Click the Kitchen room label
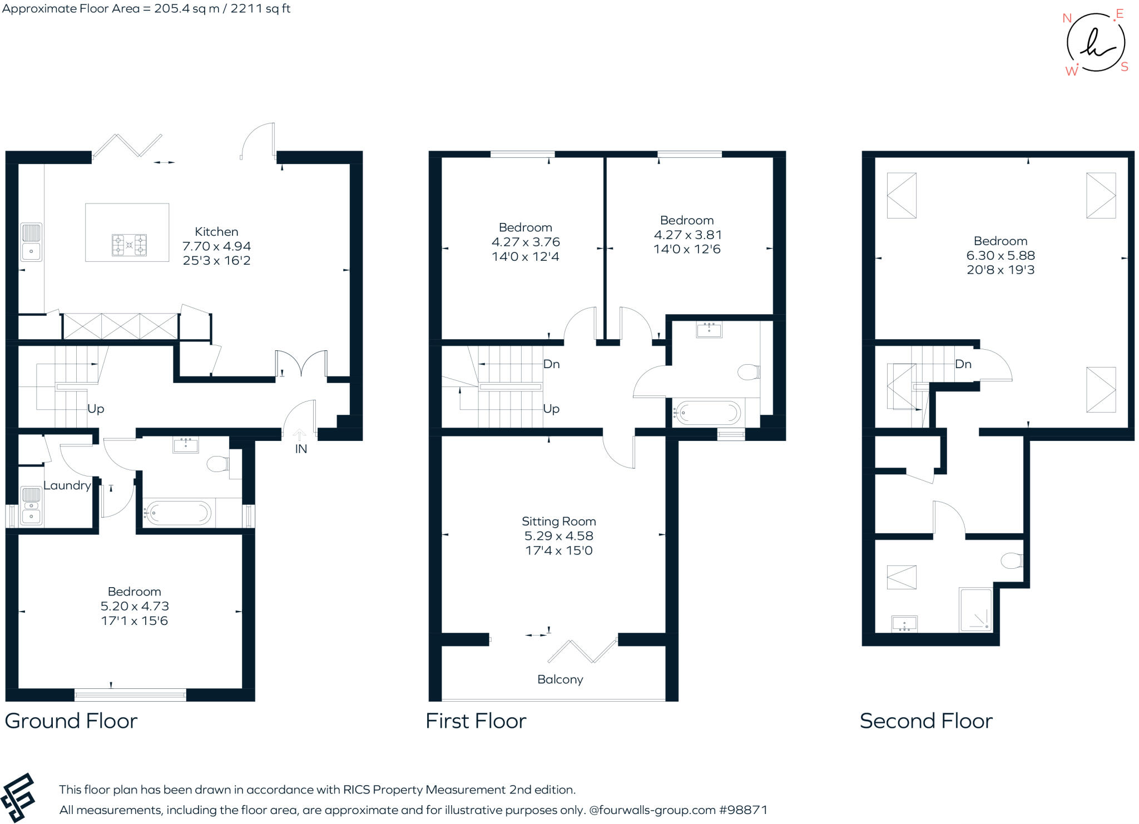point(216,232)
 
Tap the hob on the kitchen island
point(129,245)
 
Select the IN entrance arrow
point(300,435)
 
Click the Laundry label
point(67,485)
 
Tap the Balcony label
point(560,679)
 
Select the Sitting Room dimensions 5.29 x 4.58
point(559,536)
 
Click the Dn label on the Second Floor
point(963,364)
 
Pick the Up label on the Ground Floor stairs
point(96,409)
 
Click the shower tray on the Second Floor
point(975,610)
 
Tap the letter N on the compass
point(1067,18)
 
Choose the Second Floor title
point(926,721)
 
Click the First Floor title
point(476,721)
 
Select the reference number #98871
point(744,810)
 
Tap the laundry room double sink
point(31,505)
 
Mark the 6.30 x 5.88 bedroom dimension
point(1001,256)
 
